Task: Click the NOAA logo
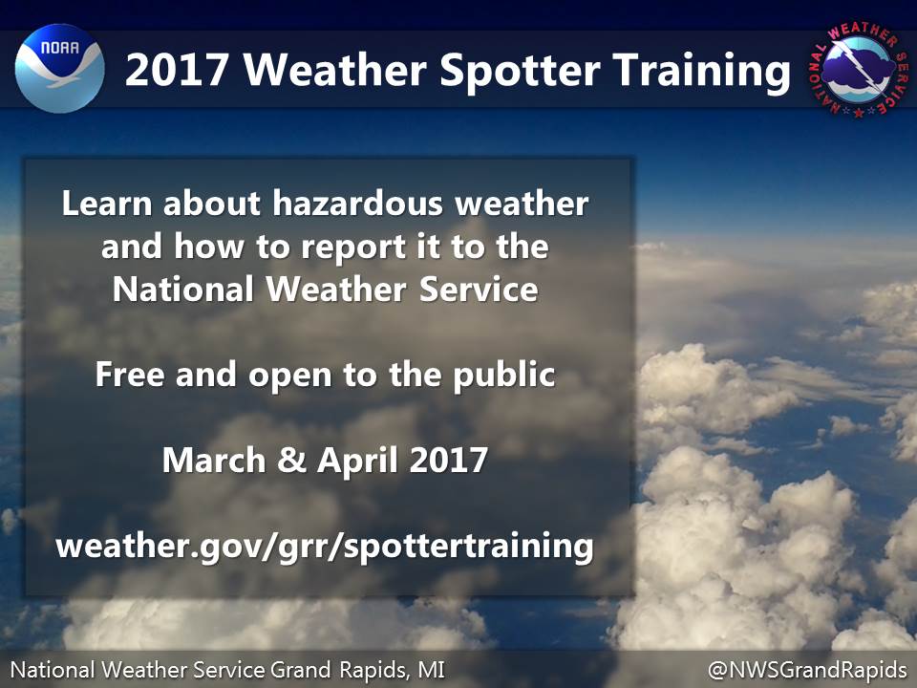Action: pyautogui.click(x=59, y=69)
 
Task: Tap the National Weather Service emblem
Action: pyautogui.click(x=858, y=70)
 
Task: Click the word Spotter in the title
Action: pyautogui.click(x=520, y=71)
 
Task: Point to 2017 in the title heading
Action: pyautogui.click(x=176, y=70)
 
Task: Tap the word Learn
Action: pyautogui.click(x=106, y=203)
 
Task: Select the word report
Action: pyautogui.click(x=353, y=247)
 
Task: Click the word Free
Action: pyautogui.click(x=130, y=374)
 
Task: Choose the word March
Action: pyautogui.click(x=214, y=460)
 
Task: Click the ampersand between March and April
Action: pyautogui.click(x=292, y=460)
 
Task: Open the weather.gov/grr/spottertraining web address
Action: pyautogui.click(x=325, y=546)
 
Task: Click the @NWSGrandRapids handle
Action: pyautogui.click(x=807, y=669)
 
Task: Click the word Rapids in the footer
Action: pyautogui.click(x=375, y=670)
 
